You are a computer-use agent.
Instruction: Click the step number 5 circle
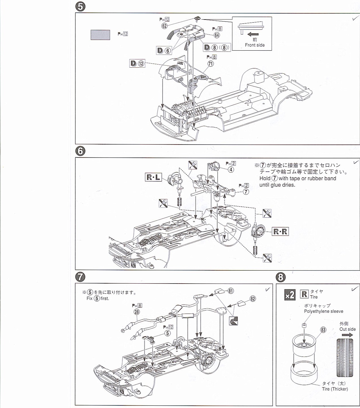tap(80, 7)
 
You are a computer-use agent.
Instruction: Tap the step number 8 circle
tap(280, 278)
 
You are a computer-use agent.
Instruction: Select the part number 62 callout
tap(165, 26)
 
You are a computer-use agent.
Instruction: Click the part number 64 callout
tap(217, 35)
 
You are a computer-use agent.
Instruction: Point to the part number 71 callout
tap(211, 64)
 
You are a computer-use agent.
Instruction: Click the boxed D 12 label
tap(137, 64)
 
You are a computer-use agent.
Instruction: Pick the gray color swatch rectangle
tap(100, 35)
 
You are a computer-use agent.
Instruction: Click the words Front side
tap(255, 45)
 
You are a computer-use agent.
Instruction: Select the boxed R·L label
tap(153, 177)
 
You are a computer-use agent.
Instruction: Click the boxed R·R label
tap(280, 231)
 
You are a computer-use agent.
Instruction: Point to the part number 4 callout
tap(231, 170)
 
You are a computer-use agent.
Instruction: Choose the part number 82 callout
tap(253, 298)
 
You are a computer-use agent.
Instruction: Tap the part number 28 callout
tap(137, 312)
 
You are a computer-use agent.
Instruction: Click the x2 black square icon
tap(290, 295)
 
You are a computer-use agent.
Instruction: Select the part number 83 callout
tap(323, 330)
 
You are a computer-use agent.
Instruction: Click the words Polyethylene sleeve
tap(324, 311)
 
